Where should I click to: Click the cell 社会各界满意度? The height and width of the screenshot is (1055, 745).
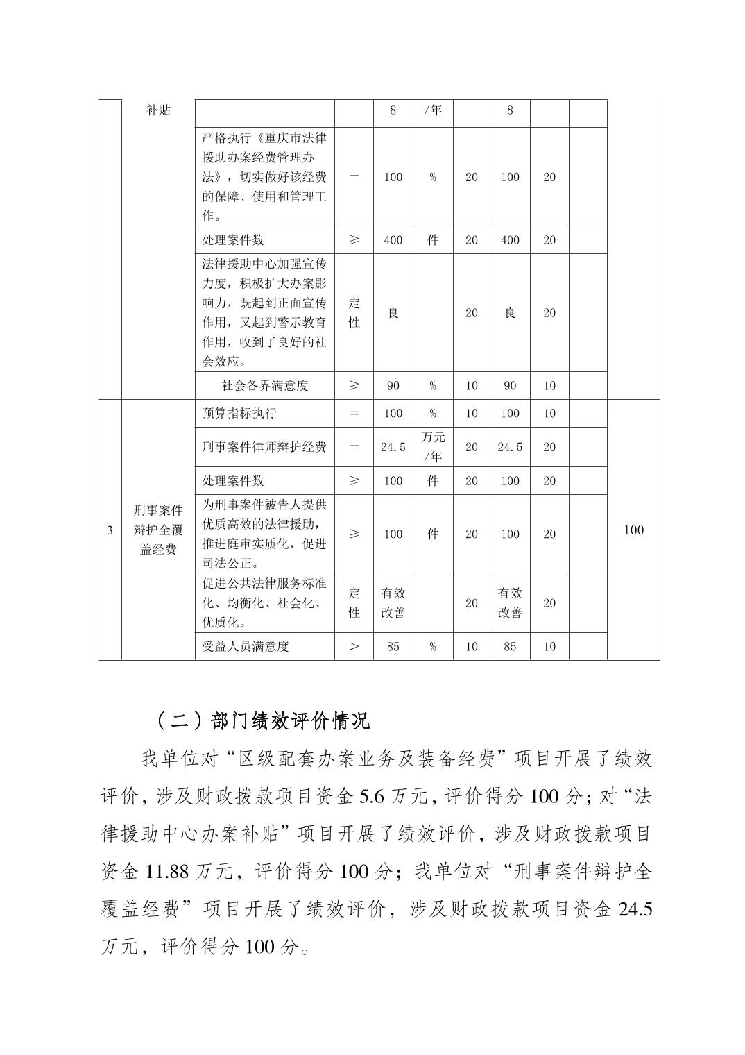click(x=264, y=386)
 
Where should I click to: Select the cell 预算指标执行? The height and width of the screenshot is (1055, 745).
click(x=239, y=413)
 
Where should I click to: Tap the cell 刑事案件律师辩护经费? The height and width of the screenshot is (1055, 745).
click(x=264, y=447)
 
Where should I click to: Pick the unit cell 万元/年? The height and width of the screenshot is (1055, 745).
click(x=433, y=447)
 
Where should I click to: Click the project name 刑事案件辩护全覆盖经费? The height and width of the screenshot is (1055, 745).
click(x=158, y=530)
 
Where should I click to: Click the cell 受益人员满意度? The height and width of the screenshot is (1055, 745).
click(x=246, y=646)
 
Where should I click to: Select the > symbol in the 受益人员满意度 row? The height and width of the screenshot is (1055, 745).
click(x=354, y=646)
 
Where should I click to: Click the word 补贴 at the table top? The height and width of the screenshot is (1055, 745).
click(x=158, y=110)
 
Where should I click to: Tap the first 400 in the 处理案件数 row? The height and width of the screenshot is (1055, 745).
click(x=393, y=240)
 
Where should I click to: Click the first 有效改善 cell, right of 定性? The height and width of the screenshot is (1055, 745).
click(x=393, y=602)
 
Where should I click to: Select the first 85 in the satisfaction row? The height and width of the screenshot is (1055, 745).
click(x=393, y=646)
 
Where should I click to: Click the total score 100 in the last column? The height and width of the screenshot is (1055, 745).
click(x=633, y=530)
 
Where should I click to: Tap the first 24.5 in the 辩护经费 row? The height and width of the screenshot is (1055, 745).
click(x=393, y=447)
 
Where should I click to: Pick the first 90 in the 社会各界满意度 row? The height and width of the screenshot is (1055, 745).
click(x=393, y=386)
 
